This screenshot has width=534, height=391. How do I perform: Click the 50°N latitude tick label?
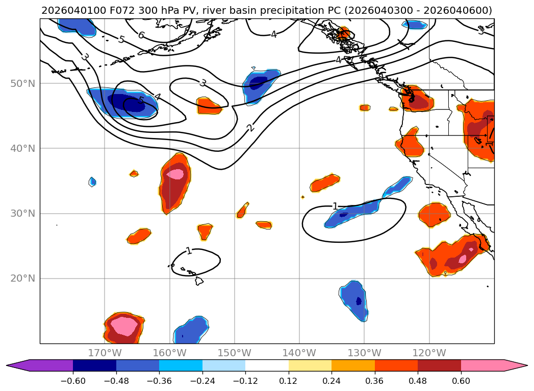coord(22,83)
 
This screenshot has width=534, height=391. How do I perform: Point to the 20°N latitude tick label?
coord(22,279)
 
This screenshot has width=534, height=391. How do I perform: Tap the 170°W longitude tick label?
coord(105,353)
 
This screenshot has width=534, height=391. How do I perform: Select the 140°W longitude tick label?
coord(299,353)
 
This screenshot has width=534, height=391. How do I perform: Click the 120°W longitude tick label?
coord(429,353)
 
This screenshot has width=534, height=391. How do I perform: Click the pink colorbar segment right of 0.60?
coord(482,365)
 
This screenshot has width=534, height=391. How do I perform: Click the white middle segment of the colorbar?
coord(267,365)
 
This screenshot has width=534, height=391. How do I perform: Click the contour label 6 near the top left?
coord(141,35)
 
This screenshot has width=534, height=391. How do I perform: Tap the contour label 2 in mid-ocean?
coord(250,127)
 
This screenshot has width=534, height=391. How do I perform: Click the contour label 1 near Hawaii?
coord(189,251)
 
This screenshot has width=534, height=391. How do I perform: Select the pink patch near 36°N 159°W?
coord(175,174)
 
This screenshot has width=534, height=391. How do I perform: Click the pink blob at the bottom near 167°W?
coord(123,326)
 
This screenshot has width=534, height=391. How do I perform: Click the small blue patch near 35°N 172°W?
coord(92,181)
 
